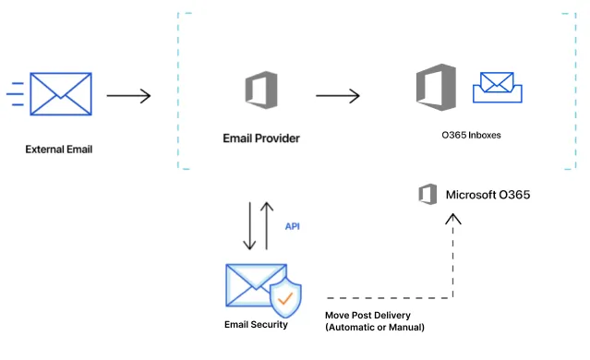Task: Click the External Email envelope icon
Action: [61, 94]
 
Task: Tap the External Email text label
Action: [59, 149]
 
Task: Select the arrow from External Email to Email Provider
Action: [128, 94]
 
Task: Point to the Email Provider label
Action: [261, 138]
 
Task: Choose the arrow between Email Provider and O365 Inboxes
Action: [337, 94]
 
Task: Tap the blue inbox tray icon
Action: [498, 88]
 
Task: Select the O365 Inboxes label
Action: [471, 135]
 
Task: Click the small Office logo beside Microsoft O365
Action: [427, 195]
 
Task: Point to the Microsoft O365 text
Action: [488, 195]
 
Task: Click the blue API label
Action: [292, 225]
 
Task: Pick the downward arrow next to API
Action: [248, 225]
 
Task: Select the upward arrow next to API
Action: [267, 225]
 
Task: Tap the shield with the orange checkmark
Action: [286, 297]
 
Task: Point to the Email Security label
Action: [256, 325]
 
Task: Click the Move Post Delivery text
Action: [367, 315]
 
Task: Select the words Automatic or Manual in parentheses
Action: [376, 328]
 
